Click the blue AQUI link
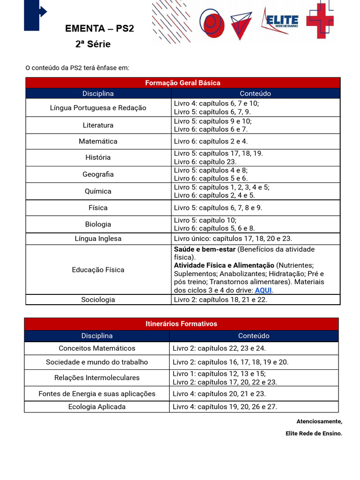[263, 290]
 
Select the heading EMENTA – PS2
[99, 29]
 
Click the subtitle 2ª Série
[93, 45]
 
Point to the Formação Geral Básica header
[183, 82]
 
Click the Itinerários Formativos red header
[181, 324]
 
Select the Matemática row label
[98, 141]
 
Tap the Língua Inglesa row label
[98, 239]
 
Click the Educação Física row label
[98, 270]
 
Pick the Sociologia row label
[98, 300]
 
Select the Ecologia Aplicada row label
[97, 406]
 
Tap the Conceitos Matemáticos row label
[97, 348]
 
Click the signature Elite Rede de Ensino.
[314, 434]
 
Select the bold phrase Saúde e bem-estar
[204, 249]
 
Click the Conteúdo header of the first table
[255, 93]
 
